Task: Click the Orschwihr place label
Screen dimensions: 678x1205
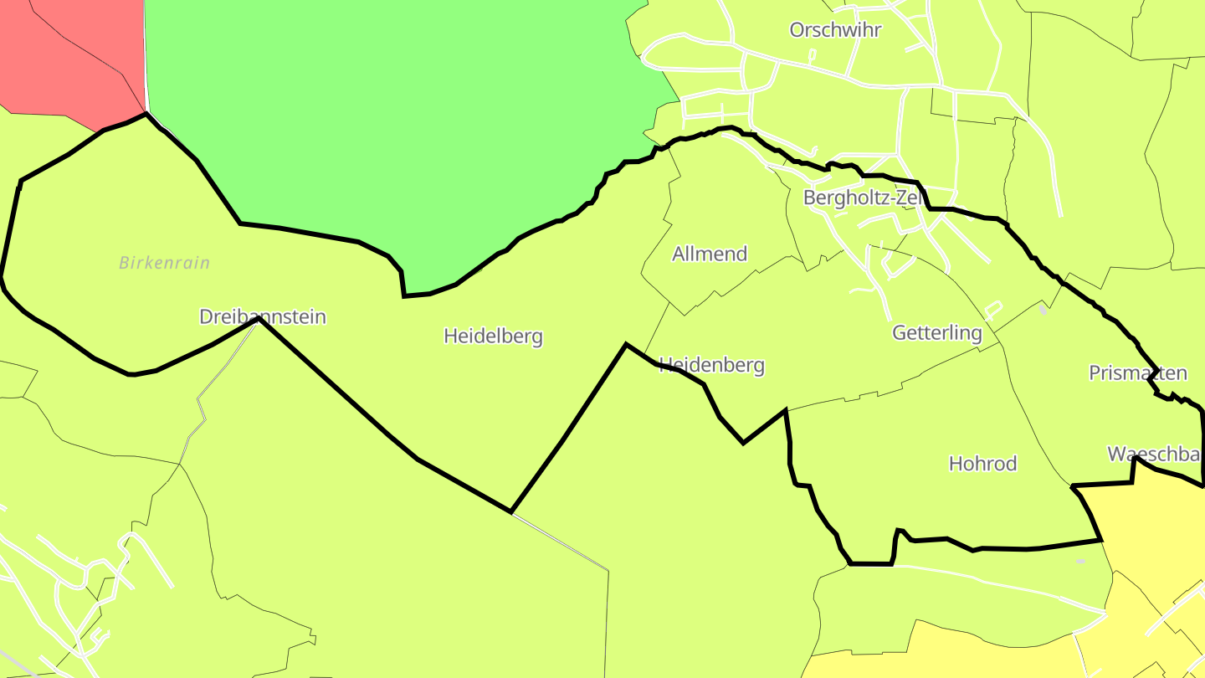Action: click(x=835, y=30)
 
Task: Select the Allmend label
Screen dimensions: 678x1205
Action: click(x=710, y=254)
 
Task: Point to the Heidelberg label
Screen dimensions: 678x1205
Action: click(x=493, y=336)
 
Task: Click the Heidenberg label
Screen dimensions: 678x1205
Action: click(x=712, y=365)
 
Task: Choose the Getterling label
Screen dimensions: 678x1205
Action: click(x=936, y=332)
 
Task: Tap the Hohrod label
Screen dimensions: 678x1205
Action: click(x=982, y=464)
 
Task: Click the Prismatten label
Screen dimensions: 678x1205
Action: click(x=1137, y=372)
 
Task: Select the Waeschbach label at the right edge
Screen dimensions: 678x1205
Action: click(x=1156, y=455)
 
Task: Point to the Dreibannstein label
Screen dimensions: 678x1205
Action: click(x=262, y=316)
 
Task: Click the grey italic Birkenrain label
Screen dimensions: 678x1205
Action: click(x=164, y=263)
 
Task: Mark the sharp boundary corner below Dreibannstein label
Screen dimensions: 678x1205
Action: click(x=259, y=319)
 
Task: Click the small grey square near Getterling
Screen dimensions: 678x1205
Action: click(x=1043, y=310)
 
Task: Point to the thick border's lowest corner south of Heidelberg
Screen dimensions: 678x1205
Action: click(x=511, y=511)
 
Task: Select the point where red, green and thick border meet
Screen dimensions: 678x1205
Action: click(x=146, y=112)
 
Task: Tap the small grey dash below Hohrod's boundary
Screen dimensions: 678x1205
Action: click(x=1080, y=561)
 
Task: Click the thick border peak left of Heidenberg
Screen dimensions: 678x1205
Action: click(x=626, y=344)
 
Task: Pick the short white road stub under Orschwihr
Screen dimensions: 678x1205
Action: click(x=812, y=56)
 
